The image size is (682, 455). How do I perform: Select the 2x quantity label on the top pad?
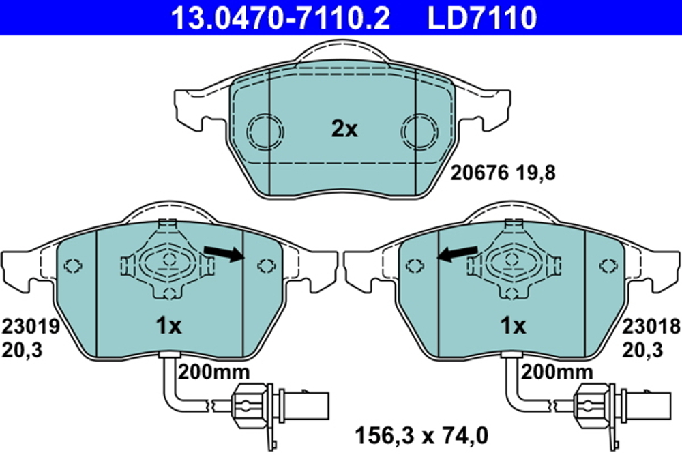coord(344,129)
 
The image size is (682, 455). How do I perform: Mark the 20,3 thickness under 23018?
coord(643,350)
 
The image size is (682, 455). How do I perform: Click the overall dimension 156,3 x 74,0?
coord(422,435)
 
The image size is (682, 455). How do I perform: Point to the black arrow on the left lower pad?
coord(224,254)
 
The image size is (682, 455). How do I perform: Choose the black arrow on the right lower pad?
coord(458,254)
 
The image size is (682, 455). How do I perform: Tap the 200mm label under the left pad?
coord(213,372)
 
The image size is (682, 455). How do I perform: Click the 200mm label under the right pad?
coord(557,372)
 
